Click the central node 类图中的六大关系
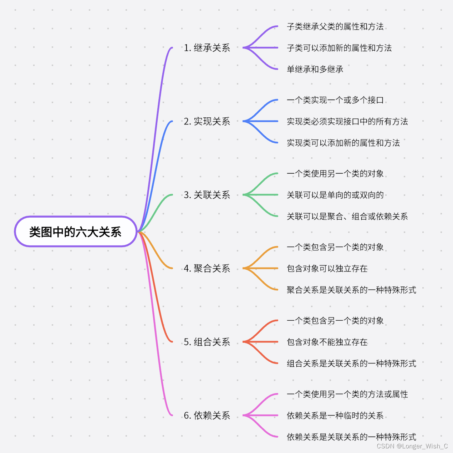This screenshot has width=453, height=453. tap(75, 232)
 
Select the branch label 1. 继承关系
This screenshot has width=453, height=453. tap(207, 48)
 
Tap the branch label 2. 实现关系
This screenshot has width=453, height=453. tap(207, 121)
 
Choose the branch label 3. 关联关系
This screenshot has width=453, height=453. tap(207, 195)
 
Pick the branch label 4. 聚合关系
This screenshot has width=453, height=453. tap(207, 268)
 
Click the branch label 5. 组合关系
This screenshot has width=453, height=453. tap(207, 342)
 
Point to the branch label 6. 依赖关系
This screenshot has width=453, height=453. tap(207, 416)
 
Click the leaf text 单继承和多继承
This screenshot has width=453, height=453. tap(315, 69)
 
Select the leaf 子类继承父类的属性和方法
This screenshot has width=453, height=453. tap(335, 26)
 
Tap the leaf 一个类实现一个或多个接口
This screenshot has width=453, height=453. tap(335, 100)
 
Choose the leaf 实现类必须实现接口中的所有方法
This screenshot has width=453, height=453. tap(347, 122)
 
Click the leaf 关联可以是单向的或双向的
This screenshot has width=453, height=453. tap(335, 195)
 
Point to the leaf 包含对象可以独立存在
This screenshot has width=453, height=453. tap(327, 269)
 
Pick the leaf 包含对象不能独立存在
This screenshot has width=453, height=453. tap(327, 342)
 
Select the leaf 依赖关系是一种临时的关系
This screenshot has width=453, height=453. tap(335, 416)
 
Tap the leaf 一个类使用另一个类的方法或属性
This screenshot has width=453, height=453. tap(347, 394)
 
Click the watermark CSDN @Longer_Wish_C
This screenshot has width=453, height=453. tap(412, 446)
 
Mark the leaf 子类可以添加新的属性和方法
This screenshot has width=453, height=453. tap(339, 48)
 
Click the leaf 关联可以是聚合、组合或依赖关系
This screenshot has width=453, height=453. tap(347, 217)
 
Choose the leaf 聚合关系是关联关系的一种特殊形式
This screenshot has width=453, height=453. tap(351, 290)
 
